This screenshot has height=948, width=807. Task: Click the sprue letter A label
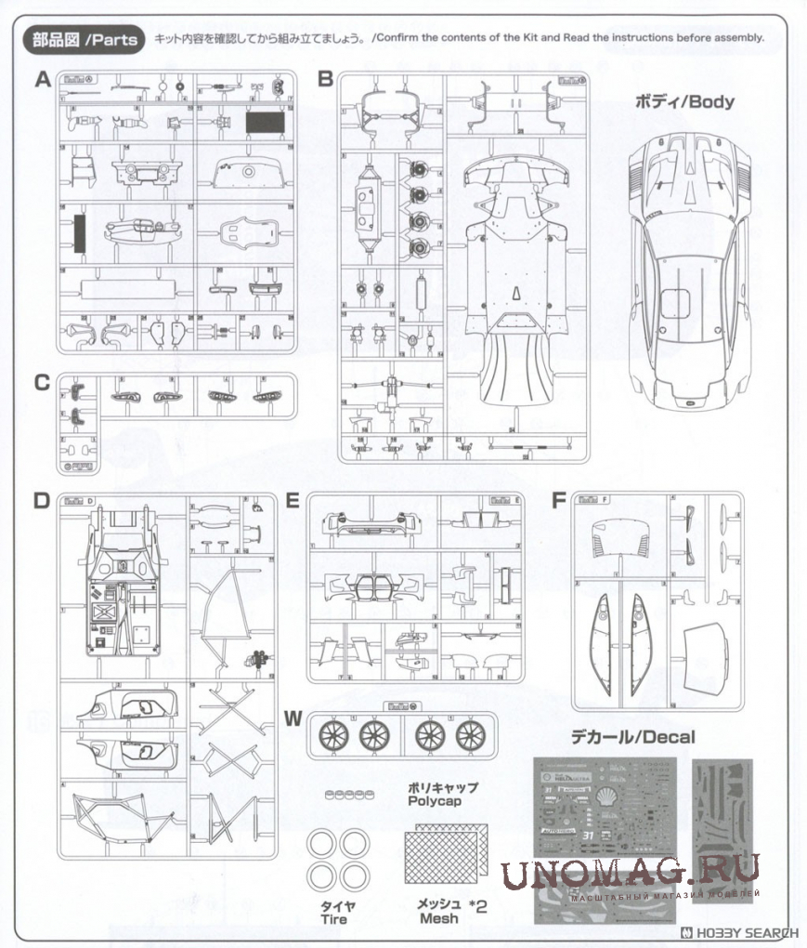pyautogui.click(x=42, y=80)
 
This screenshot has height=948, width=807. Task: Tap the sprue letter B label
pyautogui.click(x=325, y=80)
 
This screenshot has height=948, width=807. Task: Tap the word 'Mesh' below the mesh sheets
pyautogui.click(x=438, y=918)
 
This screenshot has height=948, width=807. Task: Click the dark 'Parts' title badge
pyautogui.click(x=85, y=39)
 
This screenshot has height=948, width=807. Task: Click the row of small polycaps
pyautogui.click(x=344, y=794)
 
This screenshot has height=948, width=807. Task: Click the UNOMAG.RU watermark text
pyautogui.click(x=631, y=872)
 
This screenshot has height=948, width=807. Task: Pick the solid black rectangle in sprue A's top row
pyautogui.click(x=265, y=119)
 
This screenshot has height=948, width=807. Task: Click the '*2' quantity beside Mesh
pyautogui.click(x=478, y=903)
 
